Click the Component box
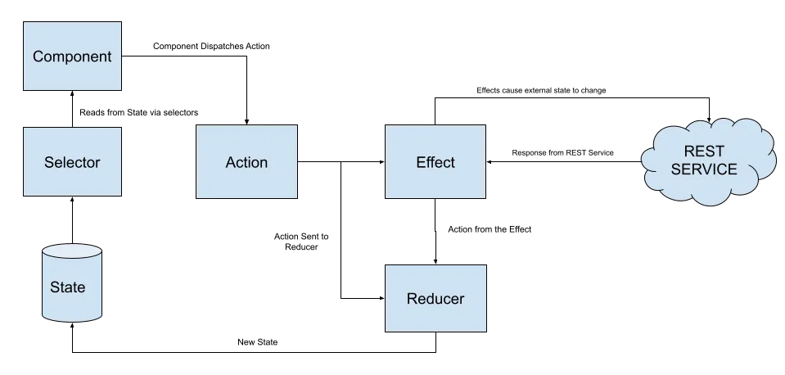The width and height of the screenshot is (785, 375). click(x=72, y=56)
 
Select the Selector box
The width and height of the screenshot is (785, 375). click(x=72, y=161)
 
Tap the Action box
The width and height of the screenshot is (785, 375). click(x=246, y=161)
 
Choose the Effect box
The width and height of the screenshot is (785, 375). click(x=435, y=161)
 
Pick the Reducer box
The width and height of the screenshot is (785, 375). click(x=435, y=298)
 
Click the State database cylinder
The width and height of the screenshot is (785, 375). click(x=72, y=282)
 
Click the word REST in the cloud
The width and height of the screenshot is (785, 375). click(x=704, y=151)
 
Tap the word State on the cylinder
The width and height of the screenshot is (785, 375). click(x=67, y=287)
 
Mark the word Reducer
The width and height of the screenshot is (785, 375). click(x=435, y=299)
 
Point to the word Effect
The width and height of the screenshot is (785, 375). click(x=435, y=162)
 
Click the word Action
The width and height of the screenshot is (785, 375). click(x=246, y=162)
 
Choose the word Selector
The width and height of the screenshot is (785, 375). click(x=72, y=162)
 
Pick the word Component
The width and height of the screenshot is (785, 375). click(x=72, y=56)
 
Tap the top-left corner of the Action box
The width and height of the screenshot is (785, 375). click(x=197, y=126)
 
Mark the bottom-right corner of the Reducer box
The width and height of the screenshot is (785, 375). click(x=489, y=332)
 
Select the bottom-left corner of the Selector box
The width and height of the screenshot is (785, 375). click(x=22, y=196)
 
